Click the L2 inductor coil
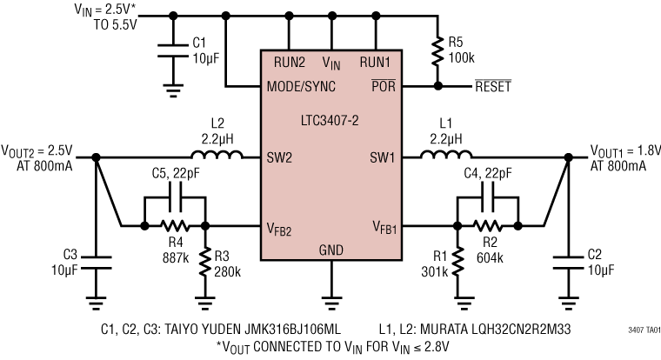pyautogui.click(x=217, y=157)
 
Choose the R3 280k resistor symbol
pyautogui.click(x=205, y=262)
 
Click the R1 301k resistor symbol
pyautogui.click(x=457, y=262)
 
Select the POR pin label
pyautogui.click(x=384, y=87)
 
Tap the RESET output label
pyautogui.click(x=491, y=87)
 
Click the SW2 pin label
pyautogui.click(x=280, y=157)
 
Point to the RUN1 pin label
pyautogui.click(x=376, y=62)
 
